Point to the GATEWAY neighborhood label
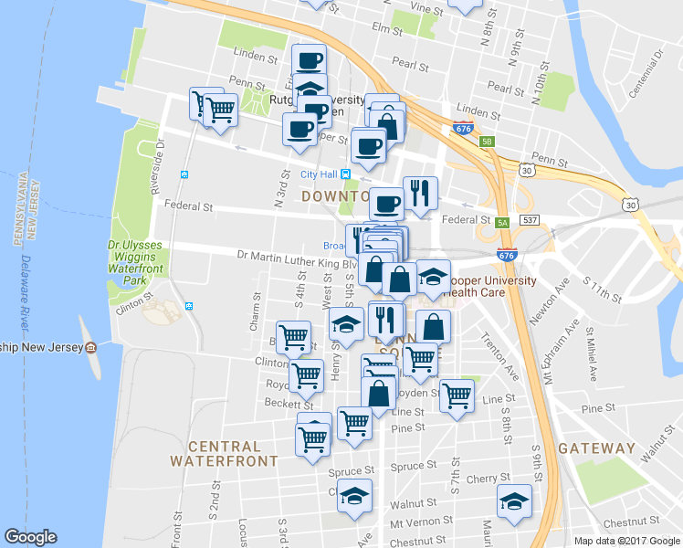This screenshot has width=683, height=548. [596, 448]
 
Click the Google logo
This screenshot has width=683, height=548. [30, 537]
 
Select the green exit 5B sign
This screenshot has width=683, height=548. [488, 142]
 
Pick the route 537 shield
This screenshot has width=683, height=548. [529, 221]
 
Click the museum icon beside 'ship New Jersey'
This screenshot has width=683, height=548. [90, 348]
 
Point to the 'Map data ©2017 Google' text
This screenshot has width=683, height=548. [625, 541]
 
